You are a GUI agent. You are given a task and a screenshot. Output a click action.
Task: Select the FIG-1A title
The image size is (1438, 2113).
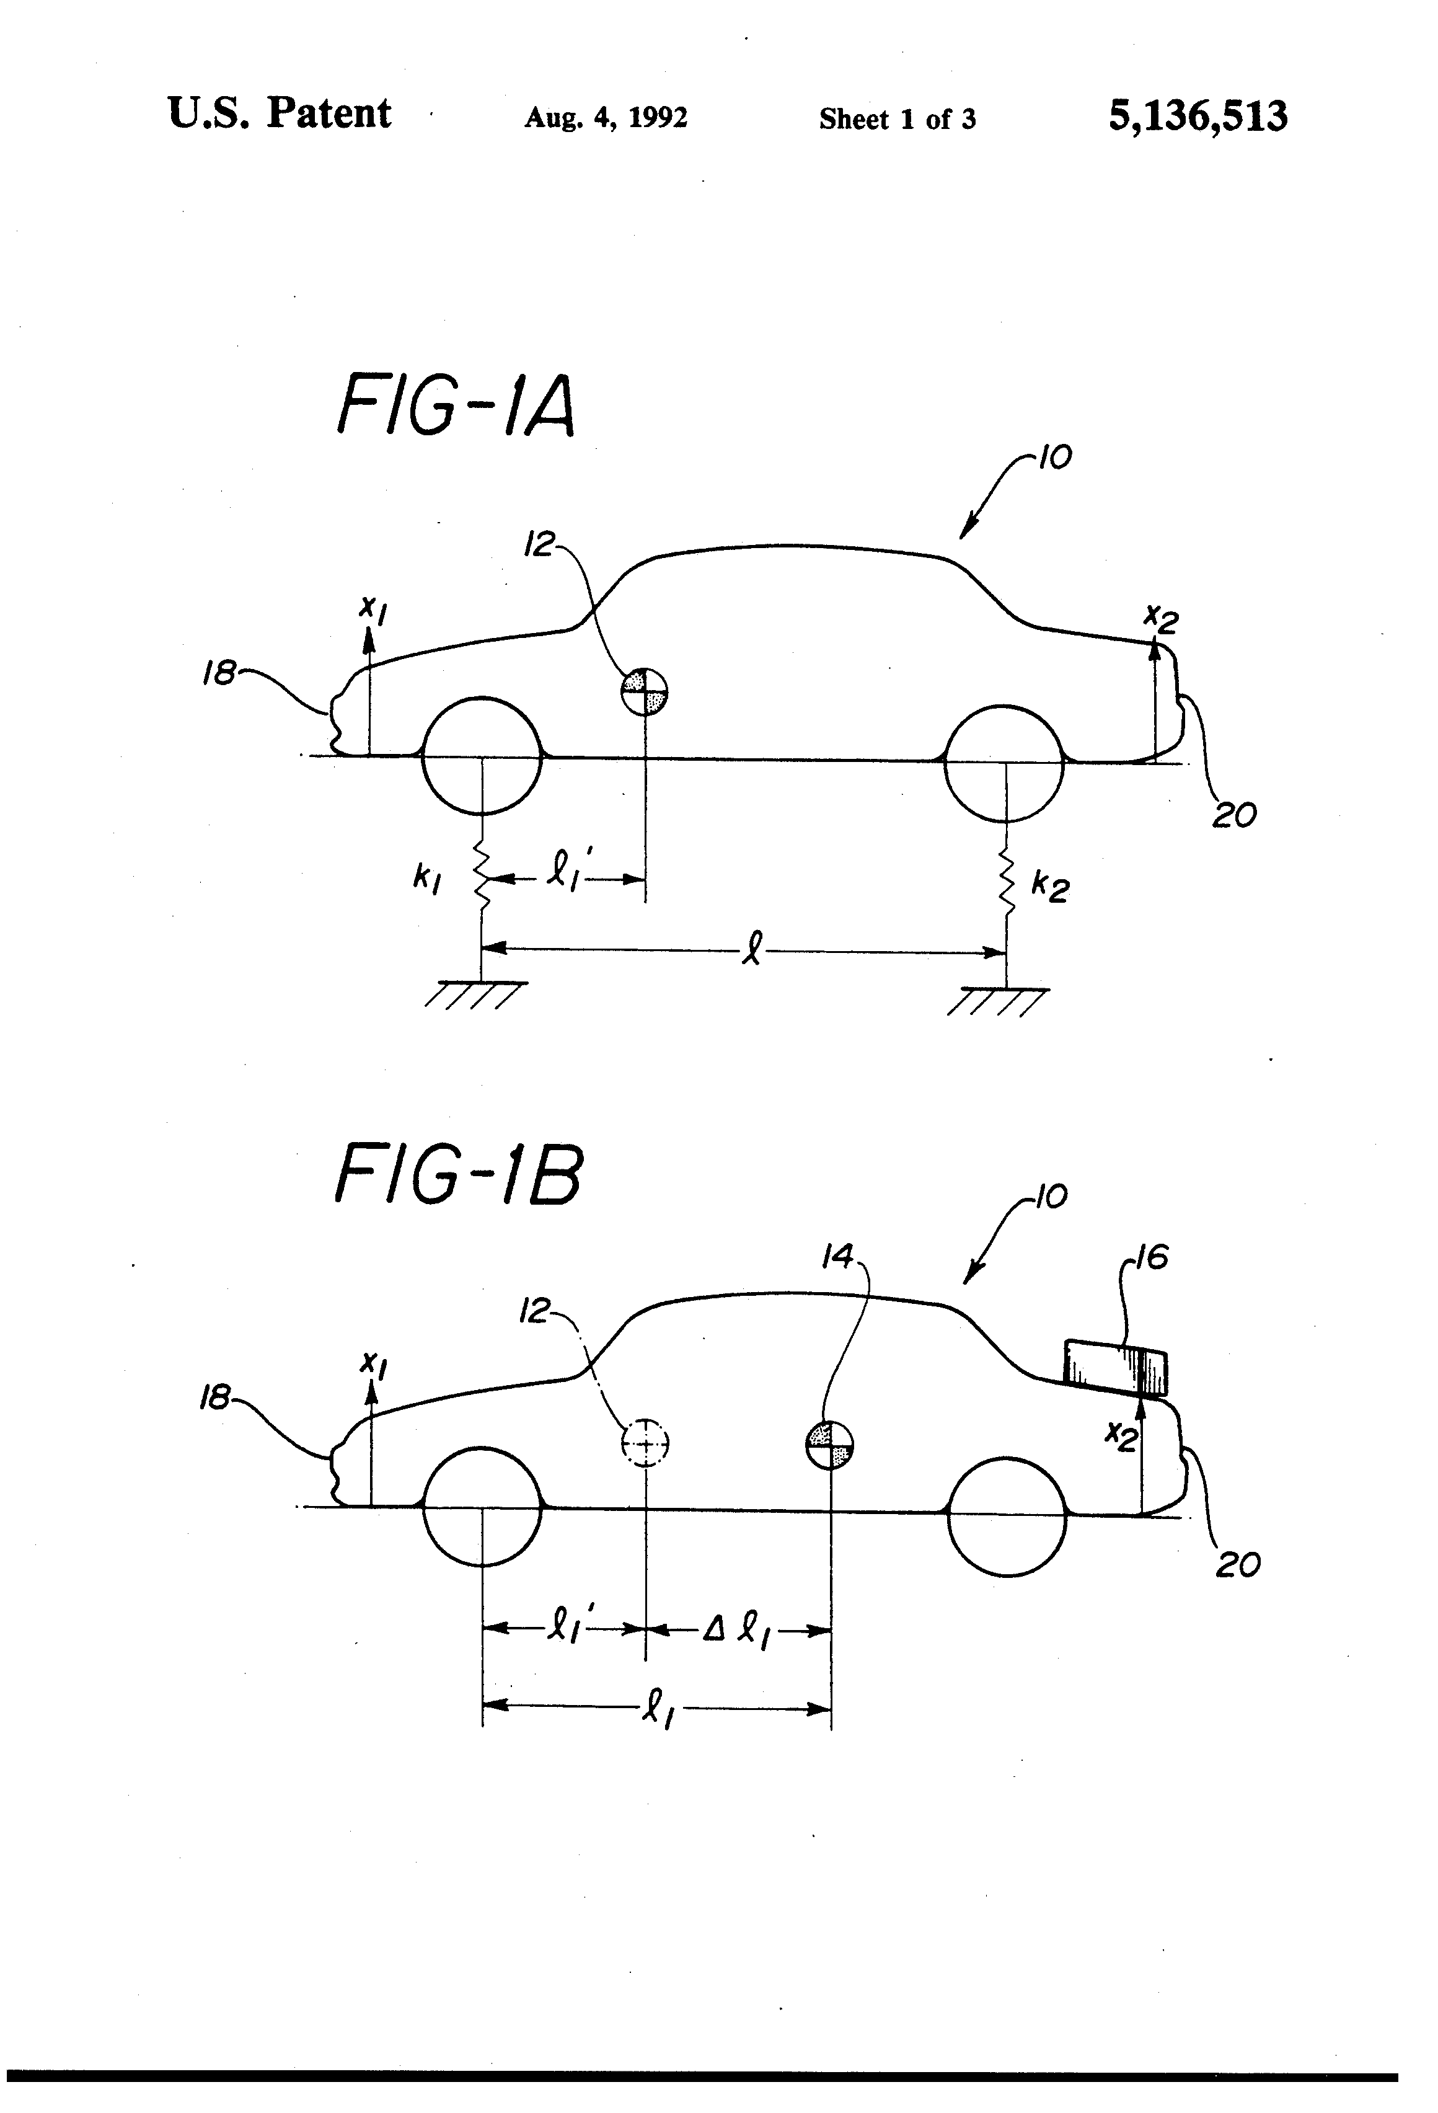456,406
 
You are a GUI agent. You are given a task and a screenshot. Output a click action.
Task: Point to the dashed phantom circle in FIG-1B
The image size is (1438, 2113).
645,1443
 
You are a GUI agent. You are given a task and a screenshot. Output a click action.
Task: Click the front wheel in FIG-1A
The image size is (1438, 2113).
482,756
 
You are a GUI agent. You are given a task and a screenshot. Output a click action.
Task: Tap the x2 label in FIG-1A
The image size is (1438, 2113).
1161,619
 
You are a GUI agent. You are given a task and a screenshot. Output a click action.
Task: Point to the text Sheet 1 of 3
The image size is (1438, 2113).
897,119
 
